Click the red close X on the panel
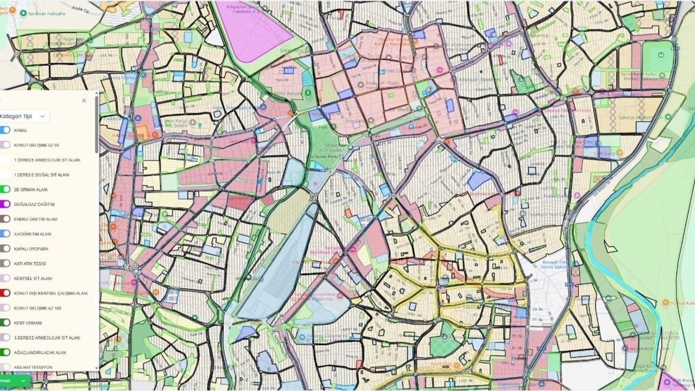(x=84, y=100)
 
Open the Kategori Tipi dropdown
(x=24, y=116)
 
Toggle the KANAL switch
(x=5, y=130)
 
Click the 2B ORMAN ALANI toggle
(x=5, y=190)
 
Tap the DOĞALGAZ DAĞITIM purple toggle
(x=5, y=204)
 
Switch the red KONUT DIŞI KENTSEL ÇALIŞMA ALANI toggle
(x=5, y=293)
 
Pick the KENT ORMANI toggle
(x=5, y=323)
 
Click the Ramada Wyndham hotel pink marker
(x=352, y=249)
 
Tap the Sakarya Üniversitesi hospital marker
(x=339, y=296)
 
